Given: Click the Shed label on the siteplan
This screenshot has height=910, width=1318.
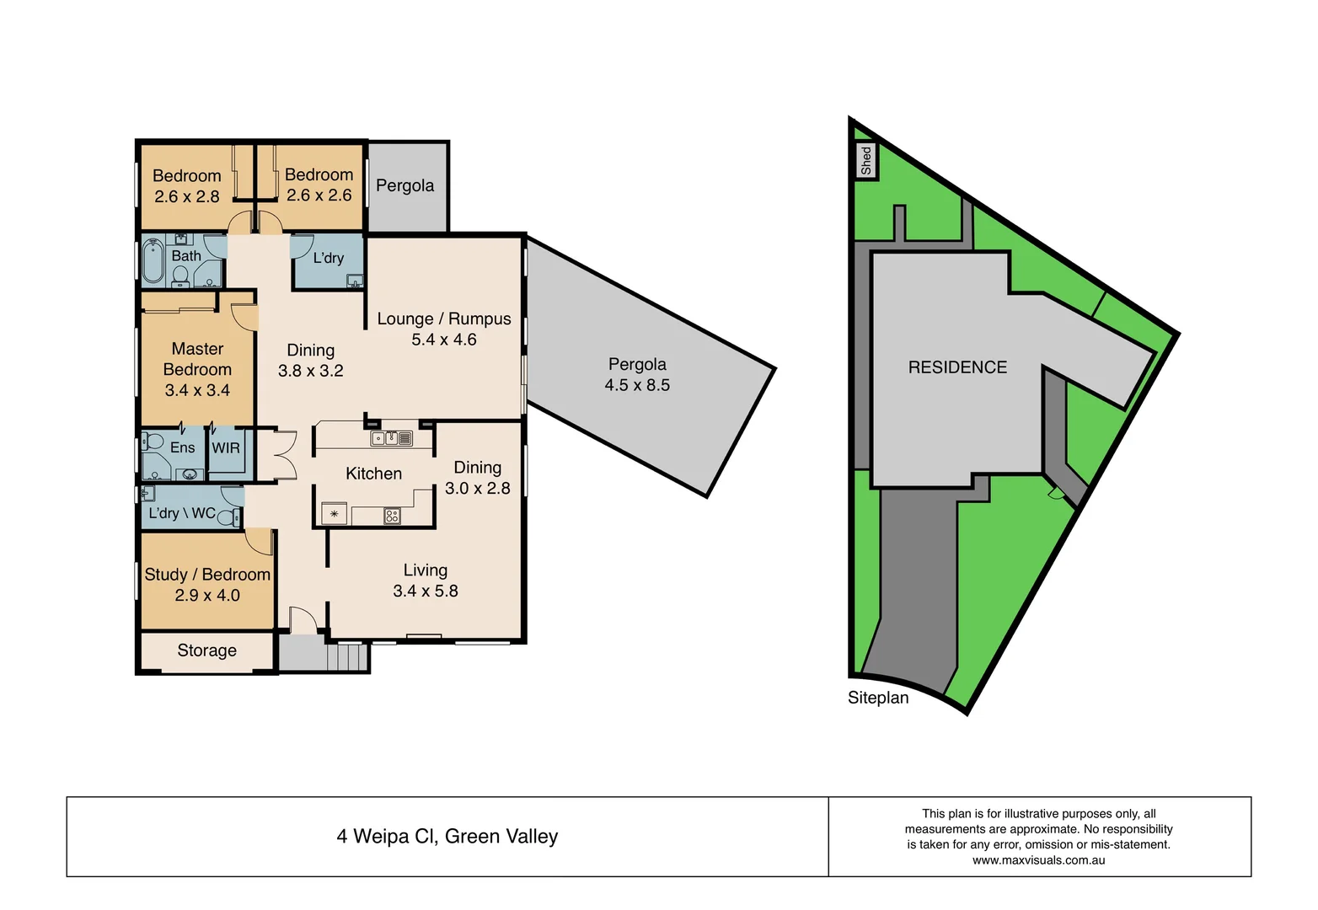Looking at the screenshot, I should [x=865, y=160].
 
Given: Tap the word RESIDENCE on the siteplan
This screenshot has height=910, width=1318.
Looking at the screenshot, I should [x=957, y=367].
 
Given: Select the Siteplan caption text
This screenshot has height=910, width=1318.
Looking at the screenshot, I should [x=878, y=698].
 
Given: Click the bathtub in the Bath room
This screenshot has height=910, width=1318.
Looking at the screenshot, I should [x=153, y=260].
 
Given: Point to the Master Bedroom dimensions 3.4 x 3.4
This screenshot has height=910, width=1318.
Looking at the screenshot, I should [x=197, y=390].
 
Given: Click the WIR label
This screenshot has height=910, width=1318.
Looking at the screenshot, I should [x=226, y=448].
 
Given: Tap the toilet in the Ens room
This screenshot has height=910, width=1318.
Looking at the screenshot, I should [x=153, y=442].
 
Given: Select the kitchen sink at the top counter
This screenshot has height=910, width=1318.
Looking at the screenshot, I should [x=384, y=438].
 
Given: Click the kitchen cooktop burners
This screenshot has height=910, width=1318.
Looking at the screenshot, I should [x=392, y=515].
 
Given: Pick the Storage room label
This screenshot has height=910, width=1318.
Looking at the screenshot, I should [x=206, y=650].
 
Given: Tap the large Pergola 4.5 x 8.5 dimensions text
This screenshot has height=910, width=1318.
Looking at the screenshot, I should [x=637, y=385].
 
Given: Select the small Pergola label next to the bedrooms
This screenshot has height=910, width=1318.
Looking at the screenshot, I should [x=405, y=185].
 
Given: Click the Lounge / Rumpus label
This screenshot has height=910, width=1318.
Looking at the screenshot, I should [x=444, y=318].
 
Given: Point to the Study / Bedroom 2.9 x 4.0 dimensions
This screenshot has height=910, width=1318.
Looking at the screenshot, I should [x=207, y=595].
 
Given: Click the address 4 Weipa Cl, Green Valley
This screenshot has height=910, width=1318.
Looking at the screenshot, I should [x=447, y=837].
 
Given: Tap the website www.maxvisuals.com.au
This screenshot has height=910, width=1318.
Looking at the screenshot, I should [x=1038, y=860].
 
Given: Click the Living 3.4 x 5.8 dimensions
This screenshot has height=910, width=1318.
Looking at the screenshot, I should [x=426, y=591].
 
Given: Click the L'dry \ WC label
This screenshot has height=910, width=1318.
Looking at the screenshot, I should [x=182, y=513].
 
